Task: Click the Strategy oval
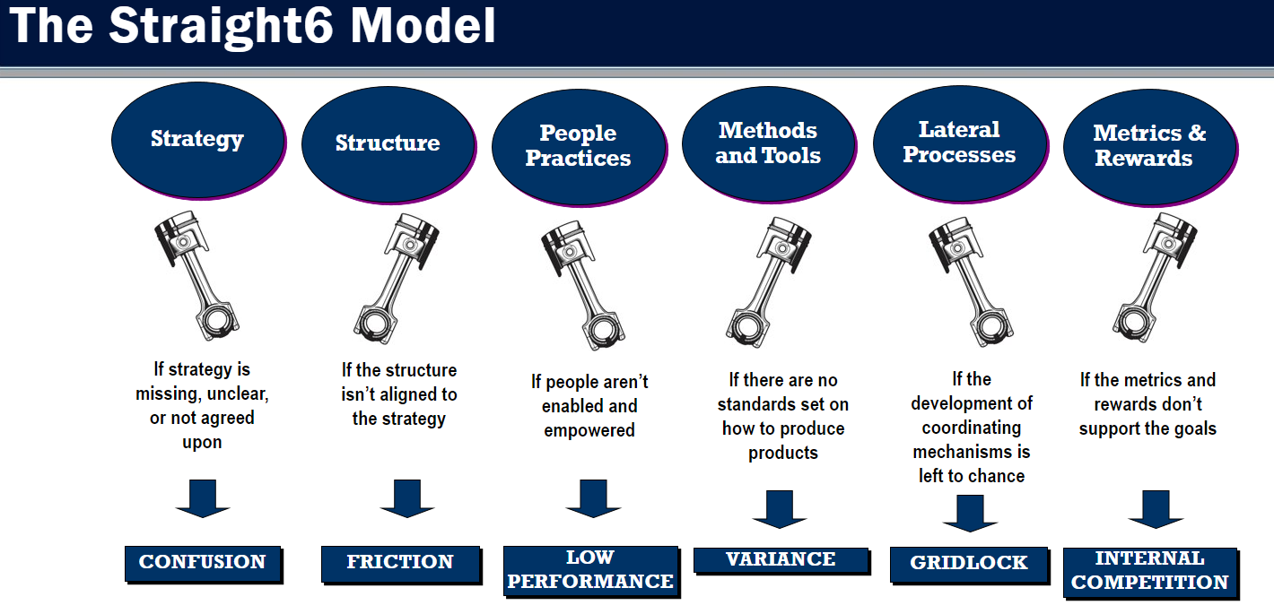pos(198,141)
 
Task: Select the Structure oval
pos(389,144)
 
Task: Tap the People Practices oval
pos(579,147)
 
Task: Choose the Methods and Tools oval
pos(769,144)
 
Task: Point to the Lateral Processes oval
pos(961,143)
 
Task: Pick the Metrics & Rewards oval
pos(1150,147)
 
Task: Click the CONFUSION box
pos(204,564)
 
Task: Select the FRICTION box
pos(402,565)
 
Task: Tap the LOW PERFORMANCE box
pos(591,571)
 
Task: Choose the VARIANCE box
pos(782,561)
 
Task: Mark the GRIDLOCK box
pos(970,566)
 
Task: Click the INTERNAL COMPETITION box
pos(1151,573)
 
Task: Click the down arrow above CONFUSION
pos(203,498)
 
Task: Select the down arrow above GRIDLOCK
pos(970,514)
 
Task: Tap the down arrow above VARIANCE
pos(779,509)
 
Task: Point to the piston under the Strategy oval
pos(196,275)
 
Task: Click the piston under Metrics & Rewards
pos(1156,278)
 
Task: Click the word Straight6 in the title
pos(221,26)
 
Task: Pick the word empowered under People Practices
pos(589,430)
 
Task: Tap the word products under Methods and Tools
pos(783,453)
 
